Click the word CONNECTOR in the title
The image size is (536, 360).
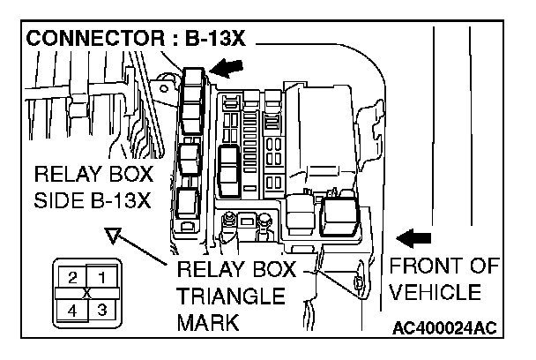coord(95,38)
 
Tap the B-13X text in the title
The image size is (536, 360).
coord(215,38)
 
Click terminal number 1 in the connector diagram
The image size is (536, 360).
coord(102,278)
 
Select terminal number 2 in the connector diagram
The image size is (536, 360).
coord(72,278)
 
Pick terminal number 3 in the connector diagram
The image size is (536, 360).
coord(102,310)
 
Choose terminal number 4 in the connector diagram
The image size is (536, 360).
coord(72,311)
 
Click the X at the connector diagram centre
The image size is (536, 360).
coord(87,294)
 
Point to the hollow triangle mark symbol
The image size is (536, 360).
coord(113,236)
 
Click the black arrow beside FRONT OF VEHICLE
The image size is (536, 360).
coord(413,238)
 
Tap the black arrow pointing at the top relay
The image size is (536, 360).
coord(226,67)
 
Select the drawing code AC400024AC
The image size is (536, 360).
coord(444,328)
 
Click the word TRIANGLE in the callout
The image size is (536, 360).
coord(231,296)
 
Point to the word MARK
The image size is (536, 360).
coord(208,322)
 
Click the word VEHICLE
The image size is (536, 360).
coord(435,292)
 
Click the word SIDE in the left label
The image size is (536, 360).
coord(59,200)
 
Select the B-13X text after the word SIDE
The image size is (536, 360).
coord(121,200)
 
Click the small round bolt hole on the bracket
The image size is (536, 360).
coord(164,89)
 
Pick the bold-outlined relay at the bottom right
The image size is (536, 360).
coord(339,217)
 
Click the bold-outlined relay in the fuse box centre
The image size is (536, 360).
coord(229,171)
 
